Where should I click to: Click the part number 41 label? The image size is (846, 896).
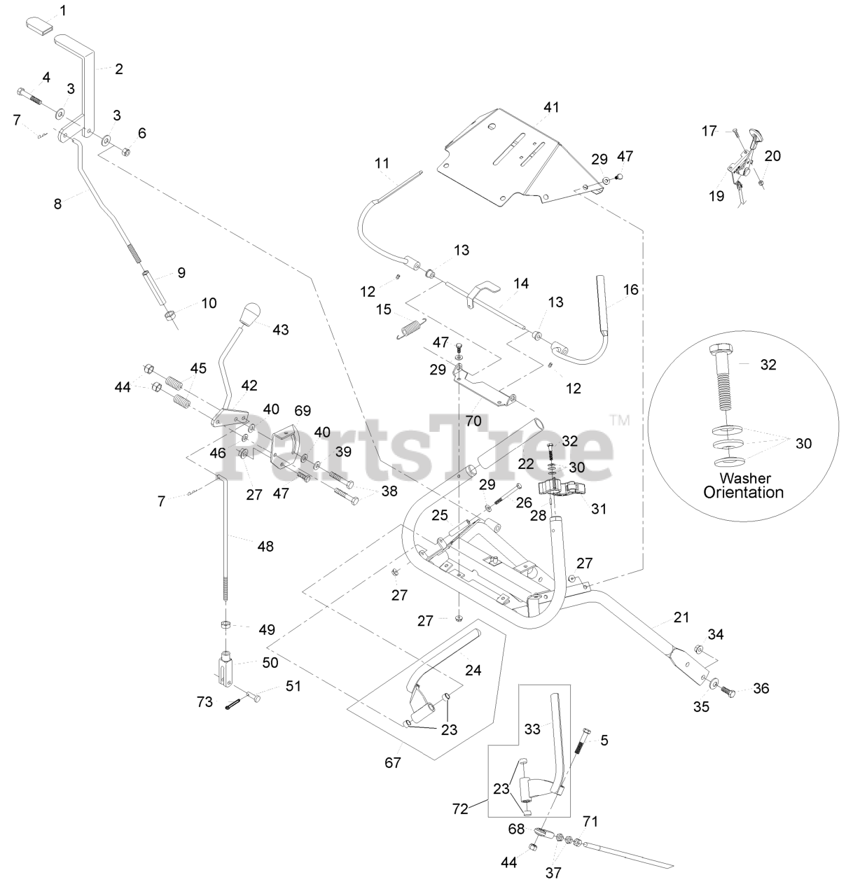[552, 107]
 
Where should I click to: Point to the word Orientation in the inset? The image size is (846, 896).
[743, 492]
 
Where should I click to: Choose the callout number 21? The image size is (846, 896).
[681, 617]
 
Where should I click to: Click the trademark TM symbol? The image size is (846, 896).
[620, 421]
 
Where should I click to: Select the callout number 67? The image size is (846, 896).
[393, 762]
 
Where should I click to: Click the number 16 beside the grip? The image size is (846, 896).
[631, 289]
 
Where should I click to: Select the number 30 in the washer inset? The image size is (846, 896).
[803, 444]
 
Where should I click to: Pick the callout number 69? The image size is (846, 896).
[302, 410]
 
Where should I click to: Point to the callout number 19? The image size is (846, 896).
[716, 196]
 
